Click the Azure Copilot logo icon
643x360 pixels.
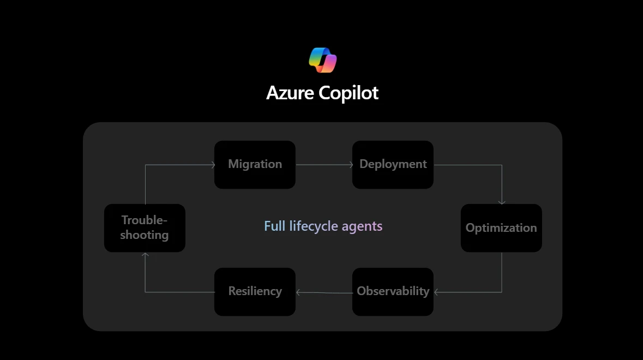[322, 60]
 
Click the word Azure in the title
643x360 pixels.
[290, 93]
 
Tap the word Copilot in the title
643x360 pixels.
[348, 93]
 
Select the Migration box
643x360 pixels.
[255, 165]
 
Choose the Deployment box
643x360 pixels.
[393, 165]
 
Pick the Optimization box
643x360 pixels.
[501, 228]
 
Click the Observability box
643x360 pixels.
[393, 291]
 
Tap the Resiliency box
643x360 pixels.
[255, 291]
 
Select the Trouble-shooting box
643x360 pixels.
[145, 228]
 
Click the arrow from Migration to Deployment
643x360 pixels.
[324, 165]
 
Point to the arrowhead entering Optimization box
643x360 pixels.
[502, 202]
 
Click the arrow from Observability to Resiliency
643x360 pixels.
[324, 292]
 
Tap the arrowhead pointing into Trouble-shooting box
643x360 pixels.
[145, 255]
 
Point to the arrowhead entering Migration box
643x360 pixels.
[212, 165]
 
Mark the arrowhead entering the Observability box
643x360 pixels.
[436, 292]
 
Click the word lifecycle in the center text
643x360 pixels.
[314, 226]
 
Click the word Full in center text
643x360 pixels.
[274, 226]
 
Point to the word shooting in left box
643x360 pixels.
[145, 235]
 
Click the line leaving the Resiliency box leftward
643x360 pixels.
[180, 292]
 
